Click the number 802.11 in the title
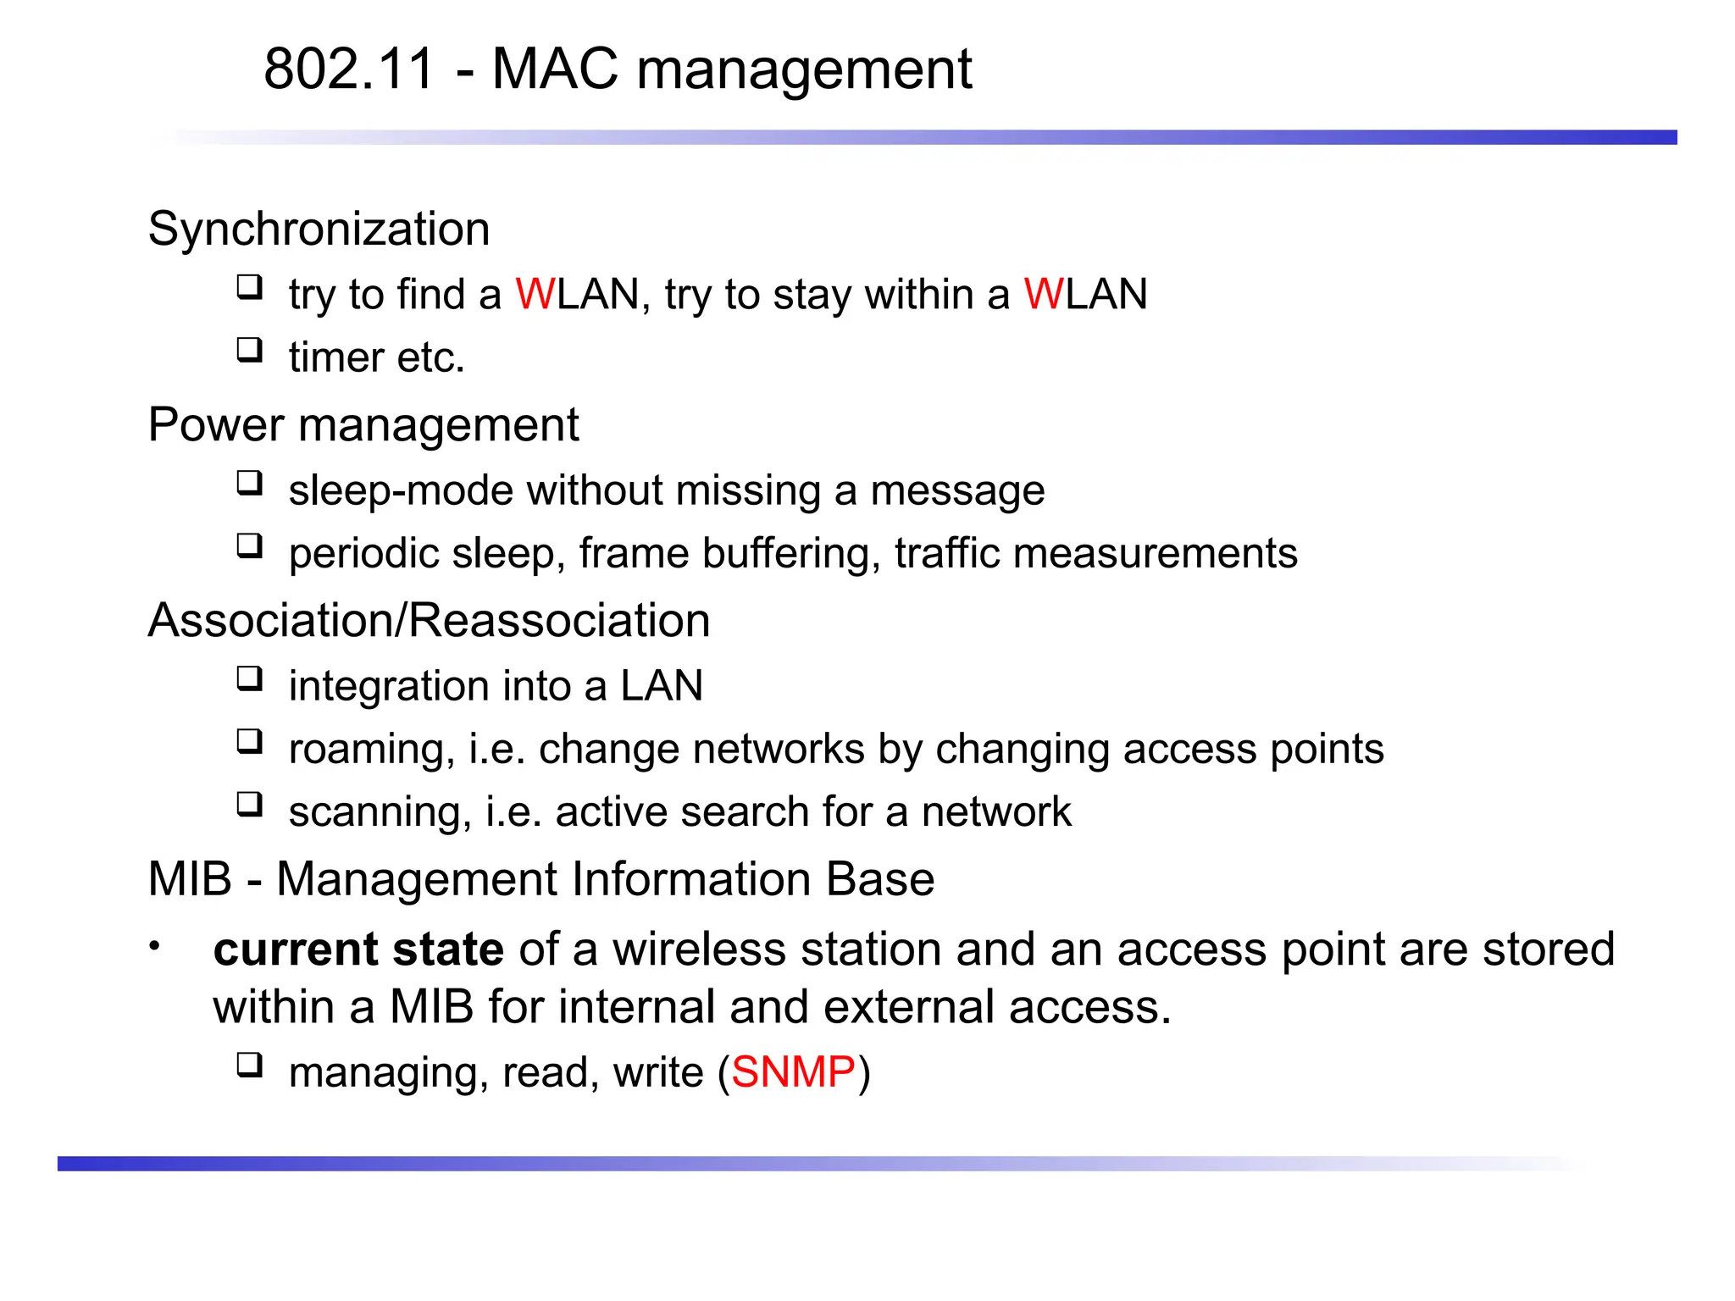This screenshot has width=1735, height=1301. (349, 69)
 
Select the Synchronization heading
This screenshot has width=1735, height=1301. (319, 230)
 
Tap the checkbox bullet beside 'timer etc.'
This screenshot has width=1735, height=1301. (249, 350)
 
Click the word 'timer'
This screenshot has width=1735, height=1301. (336, 357)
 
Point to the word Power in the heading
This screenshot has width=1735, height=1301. (215, 424)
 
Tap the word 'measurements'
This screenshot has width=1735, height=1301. (1155, 554)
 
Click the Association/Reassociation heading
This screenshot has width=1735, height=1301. (429, 620)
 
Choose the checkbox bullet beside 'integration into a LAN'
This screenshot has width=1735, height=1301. (249, 679)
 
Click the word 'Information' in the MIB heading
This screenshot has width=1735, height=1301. (691, 879)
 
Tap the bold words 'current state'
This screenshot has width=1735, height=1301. (358, 949)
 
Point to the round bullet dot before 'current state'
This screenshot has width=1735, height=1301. (154, 946)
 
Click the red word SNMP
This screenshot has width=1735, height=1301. (793, 1072)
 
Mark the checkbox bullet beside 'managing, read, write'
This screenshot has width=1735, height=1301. (249, 1065)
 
